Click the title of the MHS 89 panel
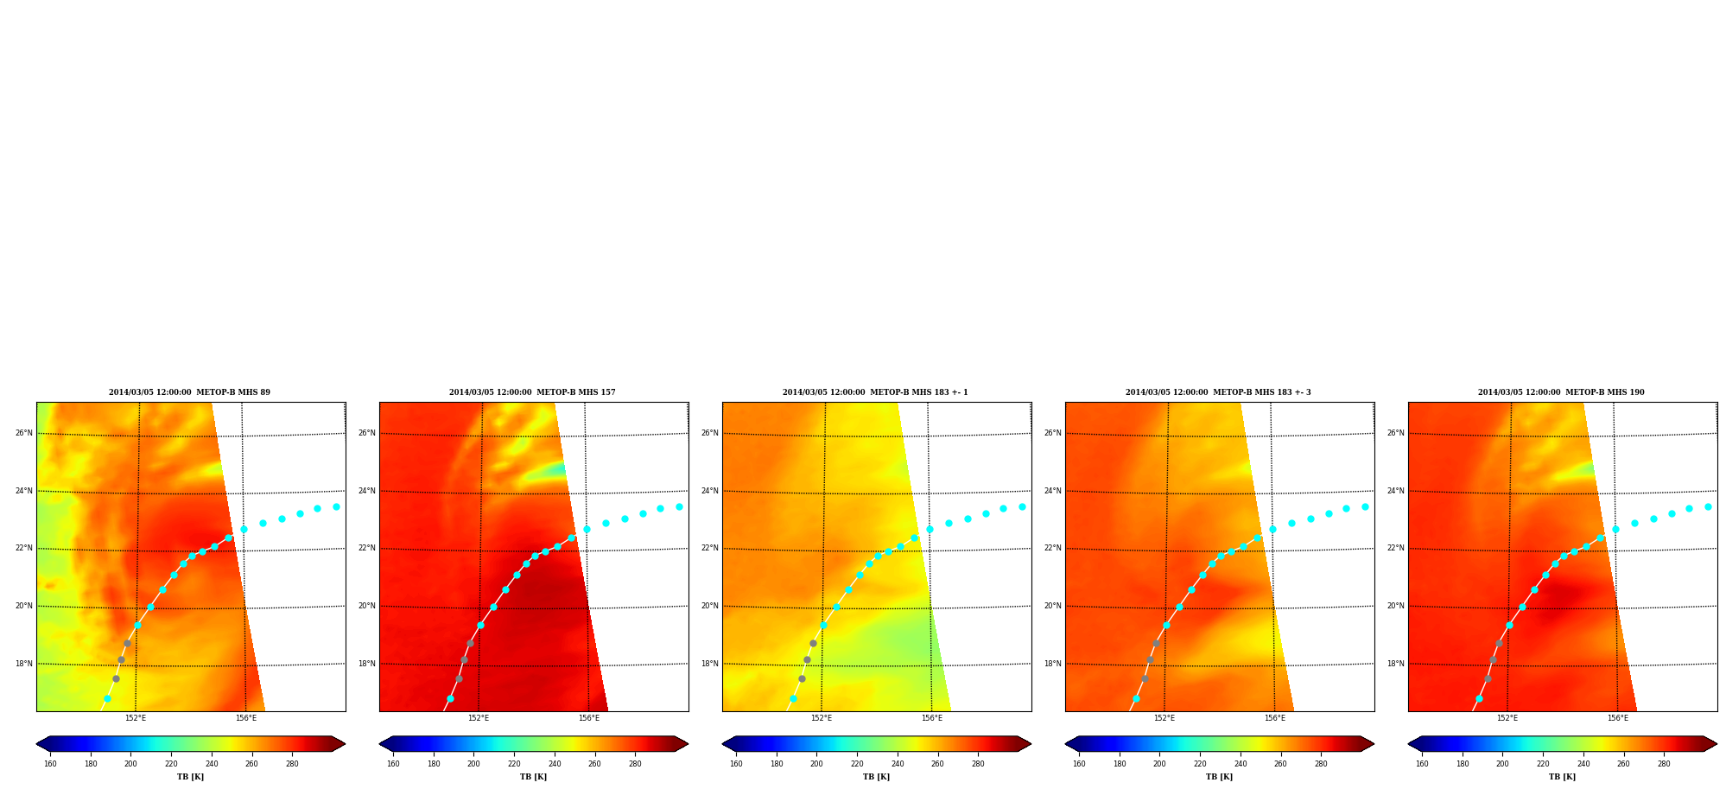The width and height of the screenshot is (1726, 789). pyautogui.click(x=189, y=392)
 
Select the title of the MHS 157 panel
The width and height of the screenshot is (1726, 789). pyautogui.click(x=532, y=392)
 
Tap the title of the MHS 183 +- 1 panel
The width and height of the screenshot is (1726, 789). pyautogui.click(x=875, y=392)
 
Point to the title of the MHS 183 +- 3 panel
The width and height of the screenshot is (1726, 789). pyautogui.click(x=1218, y=392)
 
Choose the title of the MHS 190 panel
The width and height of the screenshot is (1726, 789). pyautogui.click(x=1561, y=392)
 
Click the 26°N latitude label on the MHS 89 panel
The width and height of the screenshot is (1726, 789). pyautogui.click(x=24, y=433)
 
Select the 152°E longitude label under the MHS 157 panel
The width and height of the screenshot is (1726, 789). pyautogui.click(x=479, y=718)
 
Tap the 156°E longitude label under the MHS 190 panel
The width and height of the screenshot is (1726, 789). pyautogui.click(x=1618, y=718)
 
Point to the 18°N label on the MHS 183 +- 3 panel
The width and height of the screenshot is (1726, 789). pyautogui.click(x=1053, y=664)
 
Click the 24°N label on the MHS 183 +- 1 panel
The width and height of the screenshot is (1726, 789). pyautogui.click(x=710, y=491)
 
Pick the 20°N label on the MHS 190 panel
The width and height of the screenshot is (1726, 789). pyautogui.click(x=1396, y=606)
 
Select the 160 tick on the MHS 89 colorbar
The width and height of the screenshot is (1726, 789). pyautogui.click(x=50, y=764)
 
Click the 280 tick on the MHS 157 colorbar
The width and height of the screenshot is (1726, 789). pyautogui.click(x=635, y=764)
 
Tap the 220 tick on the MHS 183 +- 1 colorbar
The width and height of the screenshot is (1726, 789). pyautogui.click(x=857, y=764)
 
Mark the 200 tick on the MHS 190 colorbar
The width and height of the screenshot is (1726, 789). pyautogui.click(x=1502, y=764)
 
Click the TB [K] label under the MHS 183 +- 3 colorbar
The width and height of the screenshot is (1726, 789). pyautogui.click(x=1219, y=777)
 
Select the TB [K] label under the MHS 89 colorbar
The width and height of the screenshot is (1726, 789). pyautogui.click(x=190, y=777)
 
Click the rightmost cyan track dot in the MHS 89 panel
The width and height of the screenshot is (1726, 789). pyautogui.click(x=336, y=507)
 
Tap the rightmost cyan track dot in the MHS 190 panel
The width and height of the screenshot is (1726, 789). pyautogui.click(x=1708, y=507)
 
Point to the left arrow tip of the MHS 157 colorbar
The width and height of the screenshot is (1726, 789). pyautogui.click(x=379, y=744)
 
